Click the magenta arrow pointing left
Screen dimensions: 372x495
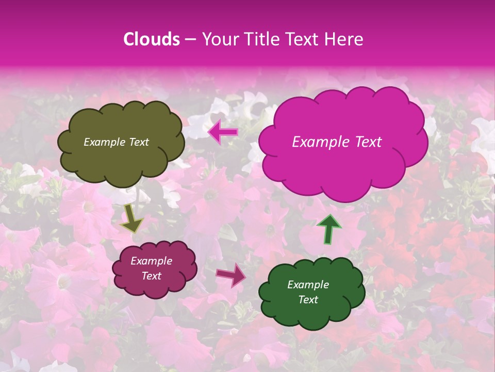pos(223,133)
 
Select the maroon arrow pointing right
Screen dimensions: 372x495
pos(230,274)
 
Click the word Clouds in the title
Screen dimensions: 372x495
pos(152,39)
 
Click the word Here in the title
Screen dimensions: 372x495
pos(344,39)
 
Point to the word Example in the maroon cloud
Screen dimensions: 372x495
pos(151,261)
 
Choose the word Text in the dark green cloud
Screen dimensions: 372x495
pos(308,300)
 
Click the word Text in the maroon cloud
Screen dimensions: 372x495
pos(151,276)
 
